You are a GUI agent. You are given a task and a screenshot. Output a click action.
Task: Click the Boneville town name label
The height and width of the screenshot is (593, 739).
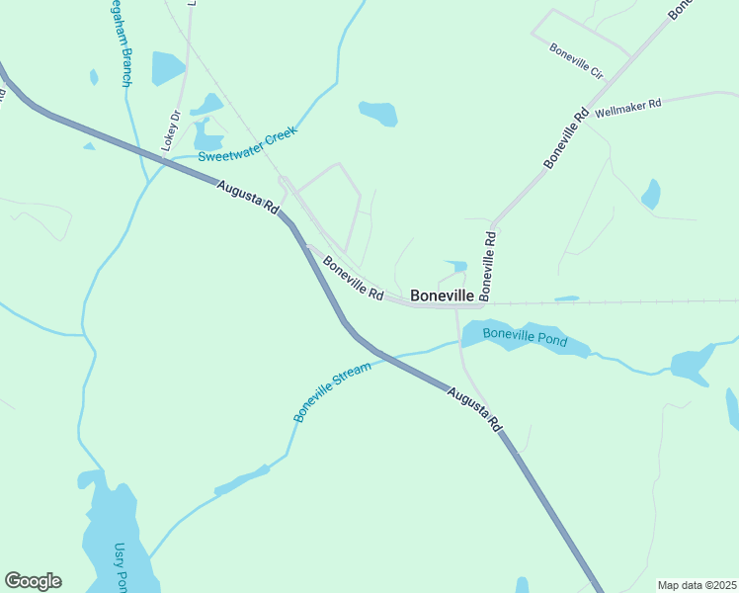pyautogui.click(x=442, y=295)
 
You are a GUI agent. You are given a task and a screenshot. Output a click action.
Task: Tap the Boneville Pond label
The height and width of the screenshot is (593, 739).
pyautogui.click(x=525, y=336)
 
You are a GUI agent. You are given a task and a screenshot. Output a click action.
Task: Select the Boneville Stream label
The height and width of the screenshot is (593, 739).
pyautogui.click(x=332, y=392)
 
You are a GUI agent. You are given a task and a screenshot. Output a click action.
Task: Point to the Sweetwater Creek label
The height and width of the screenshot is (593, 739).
pyautogui.click(x=247, y=144)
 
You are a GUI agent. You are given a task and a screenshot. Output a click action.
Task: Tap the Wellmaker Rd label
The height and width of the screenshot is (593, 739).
pyautogui.click(x=627, y=107)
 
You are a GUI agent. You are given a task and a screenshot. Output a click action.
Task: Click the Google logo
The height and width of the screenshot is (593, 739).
pyautogui.click(x=33, y=581)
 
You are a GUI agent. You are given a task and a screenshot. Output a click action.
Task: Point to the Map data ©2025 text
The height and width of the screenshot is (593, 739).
pyautogui.click(x=697, y=585)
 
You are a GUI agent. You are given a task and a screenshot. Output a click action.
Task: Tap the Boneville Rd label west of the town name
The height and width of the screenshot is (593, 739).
pyautogui.click(x=353, y=278)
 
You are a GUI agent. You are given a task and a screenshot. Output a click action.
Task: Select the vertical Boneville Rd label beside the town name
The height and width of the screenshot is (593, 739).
pyautogui.click(x=486, y=265)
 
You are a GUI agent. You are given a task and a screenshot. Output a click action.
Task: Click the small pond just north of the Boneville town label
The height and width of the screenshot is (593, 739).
pyautogui.click(x=455, y=266)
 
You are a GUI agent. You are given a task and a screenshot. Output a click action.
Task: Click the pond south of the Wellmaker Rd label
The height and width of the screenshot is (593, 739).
pyautogui.click(x=651, y=194)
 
